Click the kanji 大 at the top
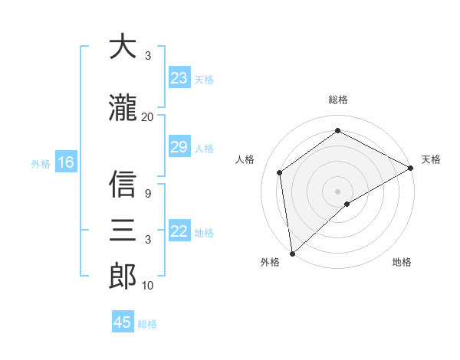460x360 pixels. pos(123,47)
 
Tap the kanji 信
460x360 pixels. pos(123,185)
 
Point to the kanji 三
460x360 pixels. pos(123,230)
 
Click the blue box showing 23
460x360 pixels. pos(179,78)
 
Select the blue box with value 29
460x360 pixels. pos(179,147)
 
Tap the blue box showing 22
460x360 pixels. pos(179,231)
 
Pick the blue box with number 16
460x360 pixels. pos(65,162)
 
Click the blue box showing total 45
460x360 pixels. pos(123,322)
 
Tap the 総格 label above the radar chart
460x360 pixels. pos(338,100)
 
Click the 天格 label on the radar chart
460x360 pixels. pos(431,159)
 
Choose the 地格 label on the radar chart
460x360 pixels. pos(402,263)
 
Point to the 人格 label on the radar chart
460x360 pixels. pos(245,159)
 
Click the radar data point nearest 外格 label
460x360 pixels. pos(291,254)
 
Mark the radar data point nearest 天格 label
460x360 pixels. pos(411,168)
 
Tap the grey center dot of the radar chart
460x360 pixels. pos(337,191)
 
